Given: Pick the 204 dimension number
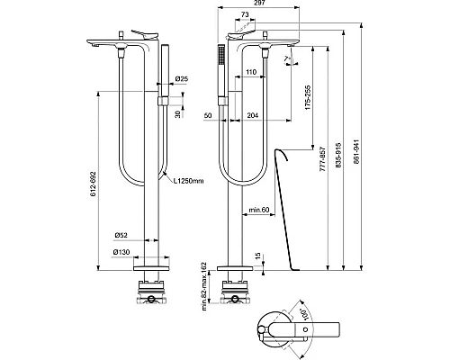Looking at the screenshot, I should click(x=254, y=116).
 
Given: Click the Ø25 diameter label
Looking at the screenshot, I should click(x=181, y=80).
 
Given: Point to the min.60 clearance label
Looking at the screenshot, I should click(x=259, y=211).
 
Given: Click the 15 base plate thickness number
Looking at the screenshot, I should click(x=260, y=258).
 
